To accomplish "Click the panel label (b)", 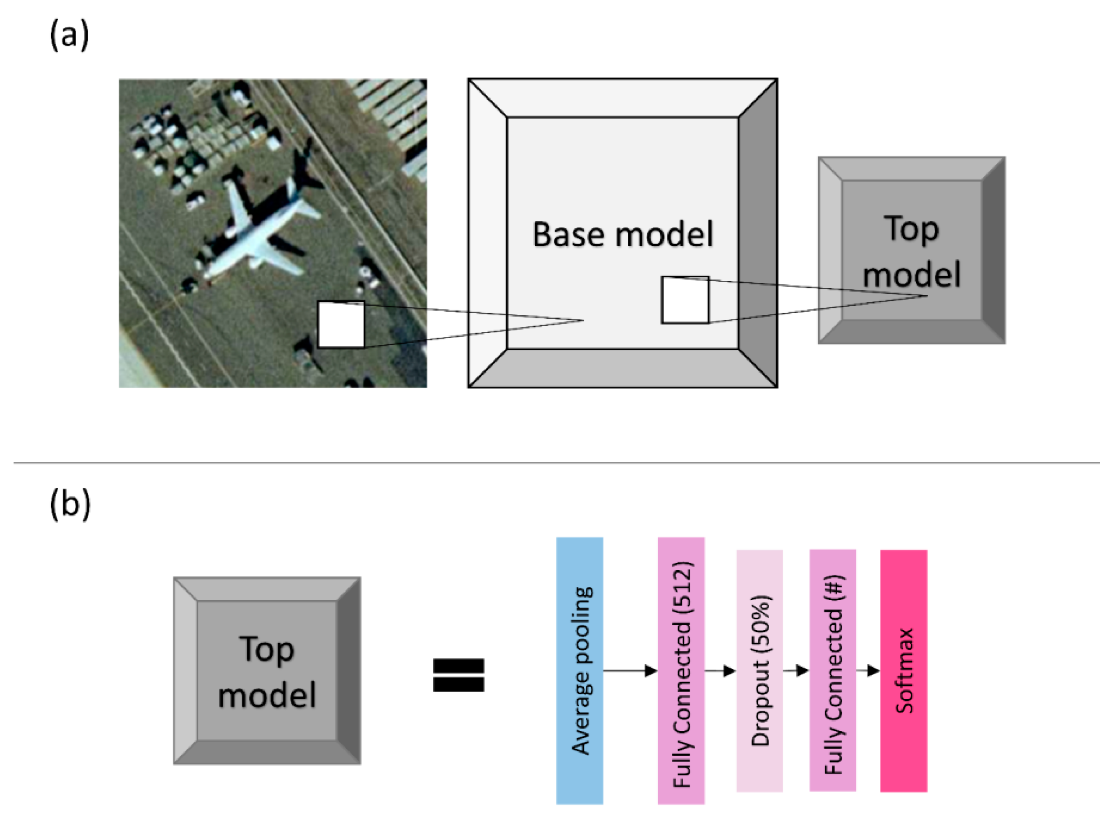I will coord(70,504).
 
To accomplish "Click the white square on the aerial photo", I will coord(341,325).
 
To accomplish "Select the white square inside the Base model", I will coord(685,300).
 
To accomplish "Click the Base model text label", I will coord(622,234).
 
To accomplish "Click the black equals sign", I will coord(459,675).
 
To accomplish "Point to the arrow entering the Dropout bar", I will coord(720,671).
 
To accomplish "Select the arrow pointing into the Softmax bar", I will coord(868,671).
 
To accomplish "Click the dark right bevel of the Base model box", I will coord(758,233).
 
